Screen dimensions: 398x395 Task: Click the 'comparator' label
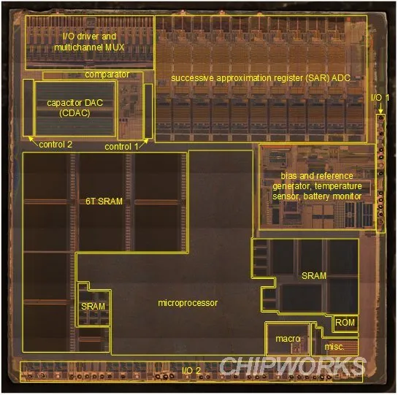(x=107, y=74)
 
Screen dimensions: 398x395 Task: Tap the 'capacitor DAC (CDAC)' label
(x=75, y=107)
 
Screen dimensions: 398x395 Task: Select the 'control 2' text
(x=56, y=145)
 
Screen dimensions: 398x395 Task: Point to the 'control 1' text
(x=121, y=147)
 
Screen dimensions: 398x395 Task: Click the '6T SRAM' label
(x=104, y=202)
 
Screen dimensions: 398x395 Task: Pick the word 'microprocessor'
(x=188, y=303)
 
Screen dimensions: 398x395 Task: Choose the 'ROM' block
(x=345, y=323)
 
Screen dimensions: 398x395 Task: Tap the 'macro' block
(x=288, y=339)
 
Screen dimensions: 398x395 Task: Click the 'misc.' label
(x=334, y=347)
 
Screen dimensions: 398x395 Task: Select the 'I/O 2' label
(x=191, y=370)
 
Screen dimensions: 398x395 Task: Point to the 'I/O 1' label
(x=380, y=98)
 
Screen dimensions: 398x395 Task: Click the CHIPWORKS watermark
(x=292, y=365)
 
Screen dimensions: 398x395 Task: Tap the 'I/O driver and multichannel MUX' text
(x=89, y=42)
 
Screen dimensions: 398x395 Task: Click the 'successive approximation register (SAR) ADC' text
(x=261, y=78)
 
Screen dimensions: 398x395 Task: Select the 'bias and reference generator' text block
(x=317, y=186)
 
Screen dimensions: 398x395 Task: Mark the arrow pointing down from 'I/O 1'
(x=380, y=108)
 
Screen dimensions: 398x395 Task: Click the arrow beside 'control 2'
(x=34, y=141)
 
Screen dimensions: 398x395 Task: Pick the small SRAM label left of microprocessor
(x=93, y=307)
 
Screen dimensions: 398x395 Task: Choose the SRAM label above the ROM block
(x=314, y=276)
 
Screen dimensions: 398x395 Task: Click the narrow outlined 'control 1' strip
(x=148, y=111)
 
